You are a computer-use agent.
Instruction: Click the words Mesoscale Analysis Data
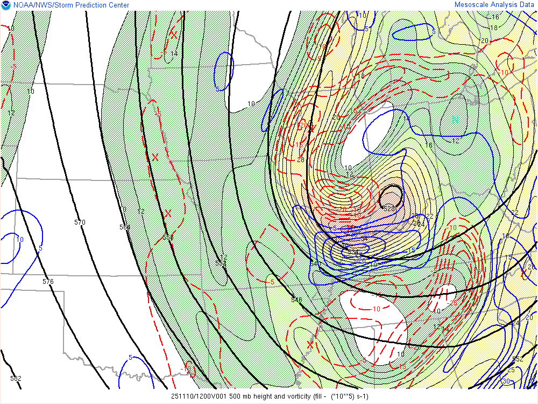click(x=494, y=5)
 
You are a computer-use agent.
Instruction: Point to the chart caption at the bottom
click(x=270, y=396)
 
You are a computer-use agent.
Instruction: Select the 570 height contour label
click(x=80, y=222)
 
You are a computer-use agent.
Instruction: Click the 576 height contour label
click(x=48, y=281)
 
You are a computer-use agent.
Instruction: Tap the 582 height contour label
click(x=16, y=378)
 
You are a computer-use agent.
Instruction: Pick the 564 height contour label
click(x=125, y=227)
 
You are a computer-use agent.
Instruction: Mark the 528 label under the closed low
click(x=389, y=207)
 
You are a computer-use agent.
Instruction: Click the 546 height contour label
click(x=296, y=299)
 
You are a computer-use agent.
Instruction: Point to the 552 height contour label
click(x=518, y=359)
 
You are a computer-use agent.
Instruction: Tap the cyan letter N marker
click(x=455, y=120)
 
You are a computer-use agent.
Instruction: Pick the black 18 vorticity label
click(x=494, y=27)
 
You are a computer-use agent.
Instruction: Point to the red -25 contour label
click(x=453, y=303)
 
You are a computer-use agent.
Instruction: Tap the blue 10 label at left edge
click(x=20, y=239)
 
